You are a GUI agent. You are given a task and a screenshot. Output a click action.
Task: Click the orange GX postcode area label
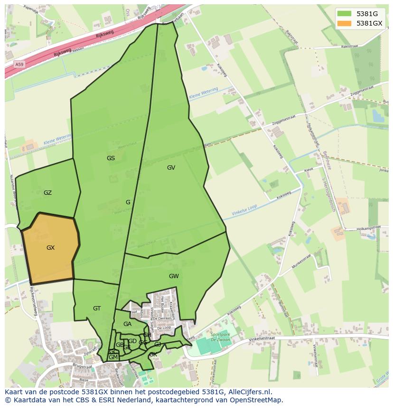click(51, 248)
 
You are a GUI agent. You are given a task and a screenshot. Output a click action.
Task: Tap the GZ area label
click(47, 193)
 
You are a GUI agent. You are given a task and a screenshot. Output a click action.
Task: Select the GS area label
click(111, 158)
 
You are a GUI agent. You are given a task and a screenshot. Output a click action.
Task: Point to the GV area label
click(171, 168)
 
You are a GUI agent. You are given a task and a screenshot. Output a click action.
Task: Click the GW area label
click(174, 276)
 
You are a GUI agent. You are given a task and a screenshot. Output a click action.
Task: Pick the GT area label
click(97, 308)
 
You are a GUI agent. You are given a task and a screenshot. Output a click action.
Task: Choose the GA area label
click(127, 324)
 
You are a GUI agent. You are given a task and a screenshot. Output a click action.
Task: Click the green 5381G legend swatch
click(345, 14)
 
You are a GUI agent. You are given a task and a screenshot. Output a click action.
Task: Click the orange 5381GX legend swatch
click(345, 23)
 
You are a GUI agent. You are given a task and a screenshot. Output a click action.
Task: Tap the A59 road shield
click(19, 64)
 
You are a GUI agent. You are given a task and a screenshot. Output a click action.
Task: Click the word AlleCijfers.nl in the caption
click(249, 392)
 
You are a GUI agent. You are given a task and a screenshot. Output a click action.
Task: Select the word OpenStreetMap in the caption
click(257, 400)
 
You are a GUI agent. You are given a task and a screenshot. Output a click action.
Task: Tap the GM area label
click(112, 357)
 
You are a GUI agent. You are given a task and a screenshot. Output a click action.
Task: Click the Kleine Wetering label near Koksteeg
click(203, 93)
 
